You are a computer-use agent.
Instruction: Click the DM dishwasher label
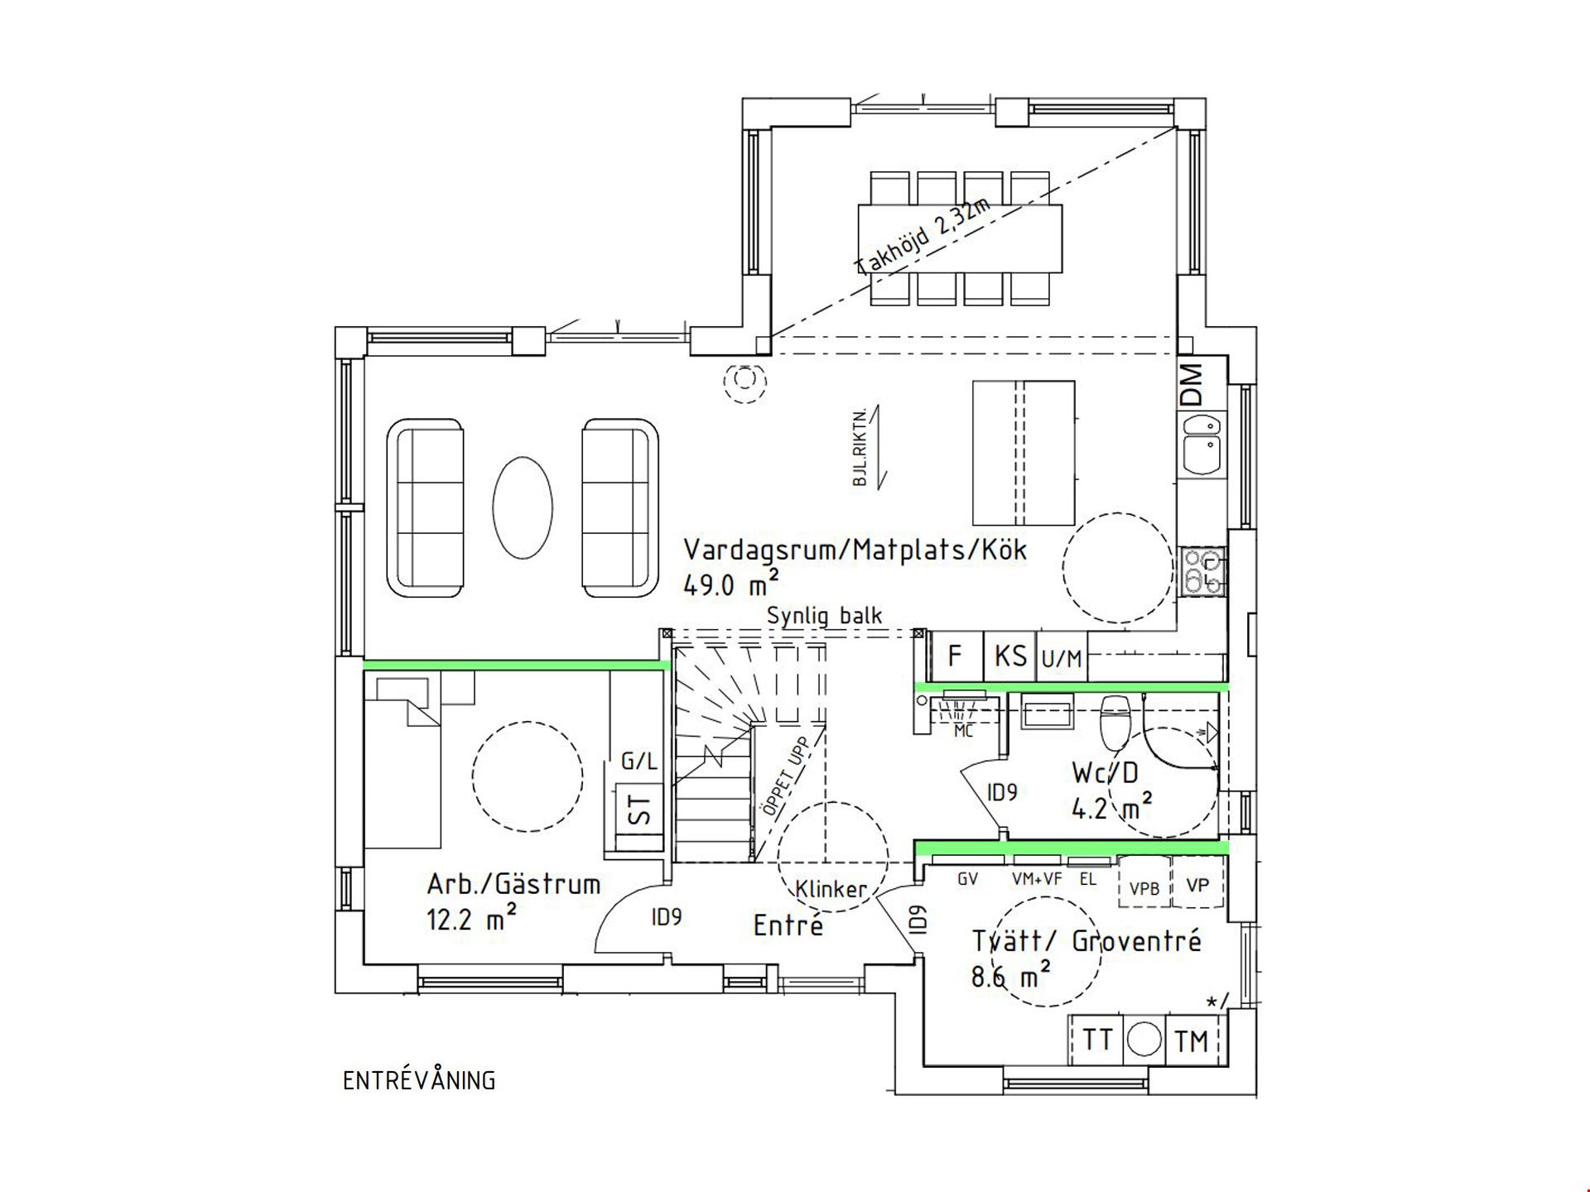1191,384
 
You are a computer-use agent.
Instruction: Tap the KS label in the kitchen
1010,656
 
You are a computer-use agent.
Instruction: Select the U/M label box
1062,659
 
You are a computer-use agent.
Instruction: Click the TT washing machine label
1097,1040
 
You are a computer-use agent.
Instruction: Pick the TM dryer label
1192,1041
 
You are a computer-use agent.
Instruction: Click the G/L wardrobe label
638,761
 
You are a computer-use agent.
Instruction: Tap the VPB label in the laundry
1144,888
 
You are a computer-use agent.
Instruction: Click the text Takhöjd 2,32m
923,237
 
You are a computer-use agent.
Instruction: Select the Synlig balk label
825,616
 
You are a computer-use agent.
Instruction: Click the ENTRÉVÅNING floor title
419,1081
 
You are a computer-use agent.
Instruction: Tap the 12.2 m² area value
472,917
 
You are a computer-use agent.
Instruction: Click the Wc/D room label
1106,773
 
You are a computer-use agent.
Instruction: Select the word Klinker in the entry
831,889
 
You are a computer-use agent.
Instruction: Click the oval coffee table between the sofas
523,507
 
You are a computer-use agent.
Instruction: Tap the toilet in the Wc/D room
1115,721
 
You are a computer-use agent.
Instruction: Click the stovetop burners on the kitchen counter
1202,571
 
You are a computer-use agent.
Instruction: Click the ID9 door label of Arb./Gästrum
667,917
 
